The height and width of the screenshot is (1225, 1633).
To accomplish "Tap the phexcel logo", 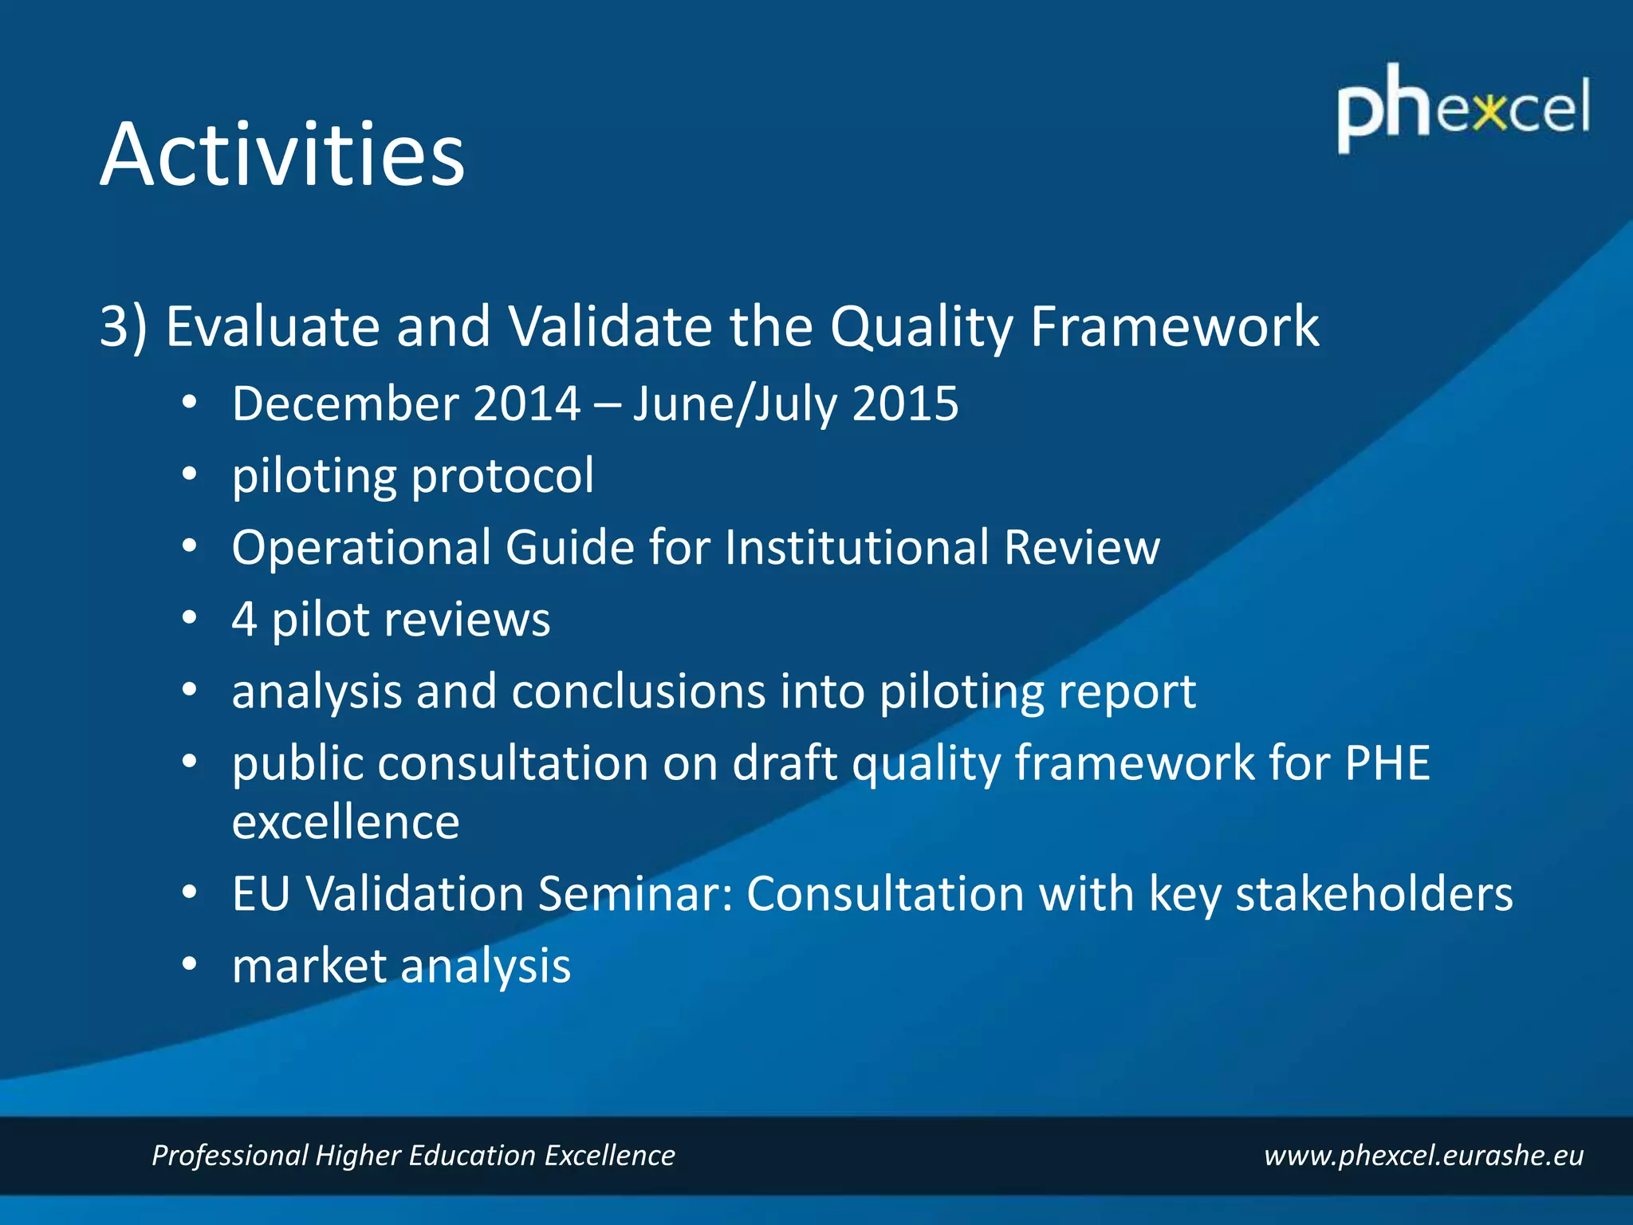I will point(1462,108).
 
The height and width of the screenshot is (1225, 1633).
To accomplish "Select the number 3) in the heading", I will point(124,327).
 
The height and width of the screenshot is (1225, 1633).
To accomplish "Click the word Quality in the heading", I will point(921,327).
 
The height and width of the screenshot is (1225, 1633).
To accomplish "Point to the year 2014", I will point(526,404).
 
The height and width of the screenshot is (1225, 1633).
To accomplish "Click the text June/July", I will point(734,404).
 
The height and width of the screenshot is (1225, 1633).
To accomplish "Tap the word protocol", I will point(502,476).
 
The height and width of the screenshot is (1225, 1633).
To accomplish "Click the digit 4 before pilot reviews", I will point(244,620).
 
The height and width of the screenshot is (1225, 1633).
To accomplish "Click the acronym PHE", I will point(1387,763).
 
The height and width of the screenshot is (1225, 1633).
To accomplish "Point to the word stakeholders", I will point(1373,893).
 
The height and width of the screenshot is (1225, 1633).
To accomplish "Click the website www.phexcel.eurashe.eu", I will point(1423,1155).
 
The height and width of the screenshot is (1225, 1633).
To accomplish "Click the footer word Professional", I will point(230,1155).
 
